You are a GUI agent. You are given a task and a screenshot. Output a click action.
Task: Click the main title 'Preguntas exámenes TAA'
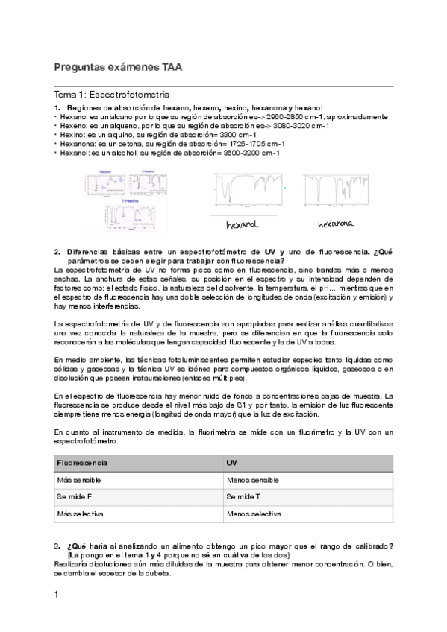click(117, 67)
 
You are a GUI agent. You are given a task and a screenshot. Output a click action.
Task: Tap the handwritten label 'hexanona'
click(334, 224)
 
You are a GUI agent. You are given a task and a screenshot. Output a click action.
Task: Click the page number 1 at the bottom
click(57, 595)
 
